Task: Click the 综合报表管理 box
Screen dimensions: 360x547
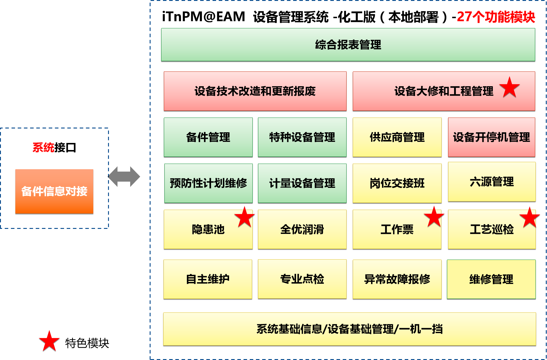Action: tap(348, 45)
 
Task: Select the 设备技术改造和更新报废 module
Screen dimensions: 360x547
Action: tap(255, 91)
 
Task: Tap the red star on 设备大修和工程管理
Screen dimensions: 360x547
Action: tap(510, 87)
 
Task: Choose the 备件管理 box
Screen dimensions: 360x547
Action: tap(208, 137)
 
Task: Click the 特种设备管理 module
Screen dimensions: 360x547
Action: tap(302, 137)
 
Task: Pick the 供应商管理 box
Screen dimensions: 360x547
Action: tap(397, 137)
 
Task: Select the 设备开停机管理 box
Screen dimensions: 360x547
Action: tap(492, 137)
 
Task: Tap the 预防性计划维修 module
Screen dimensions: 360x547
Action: tap(208, 183)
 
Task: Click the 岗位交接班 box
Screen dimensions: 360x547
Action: tap(397, 183)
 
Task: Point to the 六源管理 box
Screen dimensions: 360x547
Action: tap(492, 182)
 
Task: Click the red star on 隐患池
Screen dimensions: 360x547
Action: tap(244, 217)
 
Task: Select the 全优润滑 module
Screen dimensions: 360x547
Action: tap(302, 229)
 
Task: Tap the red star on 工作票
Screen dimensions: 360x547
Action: tap(434, 217)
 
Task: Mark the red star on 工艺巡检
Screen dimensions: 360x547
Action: tap(530, 218)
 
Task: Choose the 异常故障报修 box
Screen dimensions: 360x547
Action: tap(397, 279)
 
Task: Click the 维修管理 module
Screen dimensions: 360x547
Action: tap(491, 279)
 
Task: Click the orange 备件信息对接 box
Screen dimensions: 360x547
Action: tap(54, 191)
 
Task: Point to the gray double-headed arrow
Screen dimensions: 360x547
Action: tap(124, 177)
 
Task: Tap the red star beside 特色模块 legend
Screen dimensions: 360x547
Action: tap(49, 341)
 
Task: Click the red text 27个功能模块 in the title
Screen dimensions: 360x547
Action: tap(496, 17)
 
